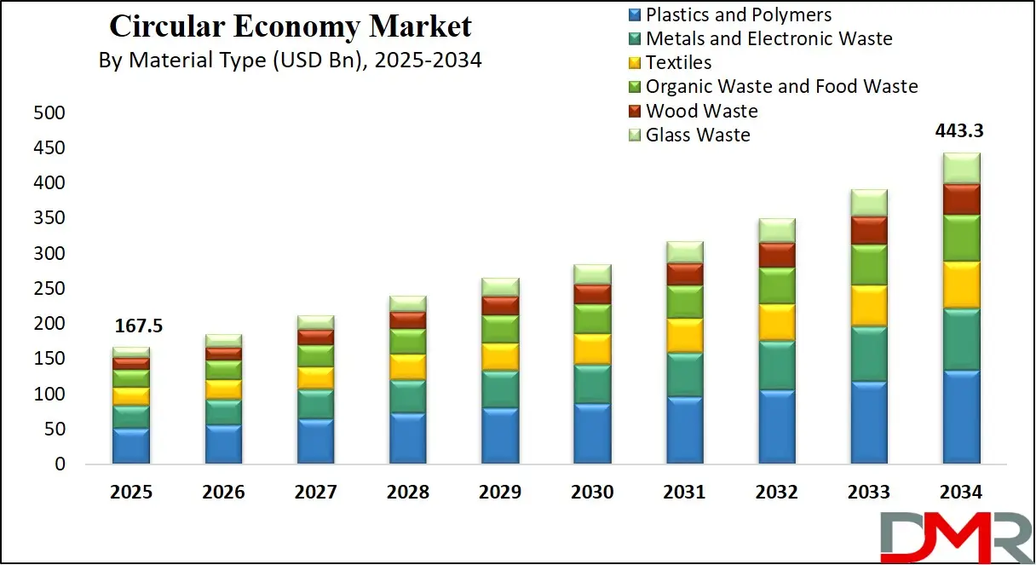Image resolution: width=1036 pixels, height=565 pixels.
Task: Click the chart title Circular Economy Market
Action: point(290,26)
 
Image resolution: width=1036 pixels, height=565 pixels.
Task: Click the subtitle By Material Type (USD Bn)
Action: point(290,61)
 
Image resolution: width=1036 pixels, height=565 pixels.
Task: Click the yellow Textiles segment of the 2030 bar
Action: point(592,349)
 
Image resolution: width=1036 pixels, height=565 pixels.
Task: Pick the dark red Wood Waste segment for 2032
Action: point(776,255)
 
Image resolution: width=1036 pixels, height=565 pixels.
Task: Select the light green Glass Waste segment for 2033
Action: point(869,203)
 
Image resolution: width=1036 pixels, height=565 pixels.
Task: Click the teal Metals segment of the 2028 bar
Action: point(407,396)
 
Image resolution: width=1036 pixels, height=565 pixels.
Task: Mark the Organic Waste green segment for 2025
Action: point(130,378)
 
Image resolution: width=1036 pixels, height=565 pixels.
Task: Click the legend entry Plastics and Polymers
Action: point(738,14)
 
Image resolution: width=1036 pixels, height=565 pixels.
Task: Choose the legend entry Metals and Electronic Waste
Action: point(768,38)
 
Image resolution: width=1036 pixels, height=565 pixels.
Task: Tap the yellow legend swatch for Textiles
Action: point(634,63)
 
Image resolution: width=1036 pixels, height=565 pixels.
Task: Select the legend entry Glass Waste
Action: point(697,135)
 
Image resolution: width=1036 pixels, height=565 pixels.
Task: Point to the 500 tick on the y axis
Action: point(48,113)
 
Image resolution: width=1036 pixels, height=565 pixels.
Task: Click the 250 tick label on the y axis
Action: point(48,289)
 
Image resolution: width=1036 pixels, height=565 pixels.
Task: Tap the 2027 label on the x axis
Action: point(315,493)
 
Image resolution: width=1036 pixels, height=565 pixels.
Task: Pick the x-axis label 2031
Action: point(684,493)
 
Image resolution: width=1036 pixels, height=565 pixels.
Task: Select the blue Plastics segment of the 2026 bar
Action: point(222,444)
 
